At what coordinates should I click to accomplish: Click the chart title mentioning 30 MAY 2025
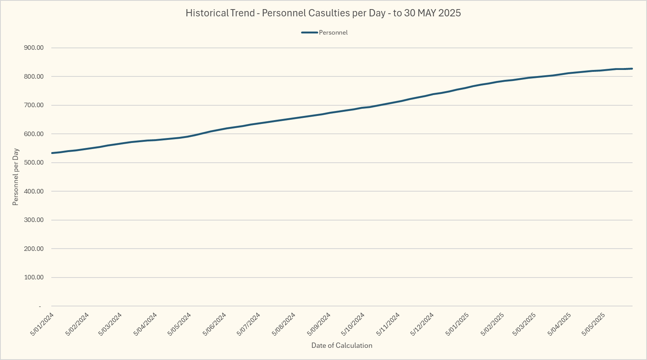click(x=323, y=13)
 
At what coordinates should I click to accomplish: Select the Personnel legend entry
click(x=333, y=33)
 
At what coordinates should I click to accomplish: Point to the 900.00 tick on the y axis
click(x=34, y=48)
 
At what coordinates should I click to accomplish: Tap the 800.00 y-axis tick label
click(x=34, y=76)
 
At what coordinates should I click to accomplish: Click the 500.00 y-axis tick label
click(x=34, y=163)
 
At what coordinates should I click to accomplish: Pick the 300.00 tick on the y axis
click(x=34, y=220)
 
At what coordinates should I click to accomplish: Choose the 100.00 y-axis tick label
click(x=34, y=278)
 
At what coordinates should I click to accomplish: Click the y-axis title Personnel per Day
click(x=16, y=177)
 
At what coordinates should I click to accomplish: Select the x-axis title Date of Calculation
click(x=342, y=346)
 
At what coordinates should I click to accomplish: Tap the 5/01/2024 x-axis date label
click(x=42, y=324)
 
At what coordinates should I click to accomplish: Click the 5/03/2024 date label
click(x=110, y=324)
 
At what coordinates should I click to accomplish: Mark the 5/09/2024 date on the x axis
click(x=319, y=324)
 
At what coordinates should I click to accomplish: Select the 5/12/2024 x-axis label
click(x=422, y=324)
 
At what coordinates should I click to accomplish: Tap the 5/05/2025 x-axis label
click(x=594, y=324)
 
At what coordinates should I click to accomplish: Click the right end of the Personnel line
click(x=632, y=69)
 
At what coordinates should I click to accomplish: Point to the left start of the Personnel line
click(x=52, y=153)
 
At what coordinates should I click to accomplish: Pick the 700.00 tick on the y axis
click(x=34, y=105)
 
